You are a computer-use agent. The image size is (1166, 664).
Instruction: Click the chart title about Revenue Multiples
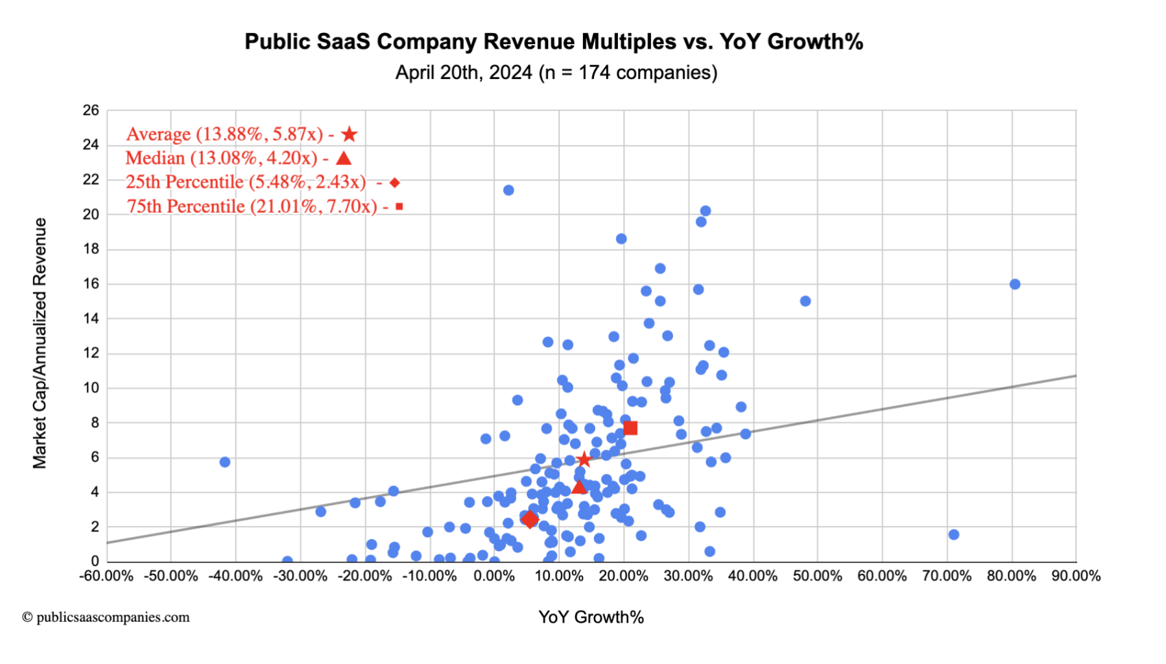point(553,41)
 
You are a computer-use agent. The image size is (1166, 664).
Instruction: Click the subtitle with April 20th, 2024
point(556,73)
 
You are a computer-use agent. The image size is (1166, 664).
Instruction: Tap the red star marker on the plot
point(584,459)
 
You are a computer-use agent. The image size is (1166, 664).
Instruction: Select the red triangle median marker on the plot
point(579,486)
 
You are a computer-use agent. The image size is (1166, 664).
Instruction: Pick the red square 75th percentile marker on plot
point(630,428)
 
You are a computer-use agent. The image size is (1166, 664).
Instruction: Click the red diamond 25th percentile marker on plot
point(530,519)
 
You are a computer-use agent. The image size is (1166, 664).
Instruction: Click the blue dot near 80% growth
point(1015,284)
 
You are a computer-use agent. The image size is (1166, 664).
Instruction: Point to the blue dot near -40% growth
point(225,462)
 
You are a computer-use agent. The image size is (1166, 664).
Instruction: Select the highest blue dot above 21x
point(508,190)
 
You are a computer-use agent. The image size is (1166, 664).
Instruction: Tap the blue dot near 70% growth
point(953,534)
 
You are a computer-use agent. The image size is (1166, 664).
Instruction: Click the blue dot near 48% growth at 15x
point(805,301)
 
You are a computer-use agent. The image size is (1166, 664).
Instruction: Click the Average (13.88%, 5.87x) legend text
point(224,134)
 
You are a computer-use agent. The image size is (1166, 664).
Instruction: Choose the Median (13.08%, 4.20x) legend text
point(221,158)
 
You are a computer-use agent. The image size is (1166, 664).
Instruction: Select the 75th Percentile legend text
point(252,206)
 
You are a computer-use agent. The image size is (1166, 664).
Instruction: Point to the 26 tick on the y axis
point(91,110)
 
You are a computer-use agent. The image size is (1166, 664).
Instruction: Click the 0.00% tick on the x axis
point(494,576)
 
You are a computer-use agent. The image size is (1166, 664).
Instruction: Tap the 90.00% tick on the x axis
point(1076,576)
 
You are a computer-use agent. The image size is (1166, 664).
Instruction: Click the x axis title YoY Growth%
point(591,617)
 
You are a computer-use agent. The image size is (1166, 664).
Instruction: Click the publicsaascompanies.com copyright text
point(106,617)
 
